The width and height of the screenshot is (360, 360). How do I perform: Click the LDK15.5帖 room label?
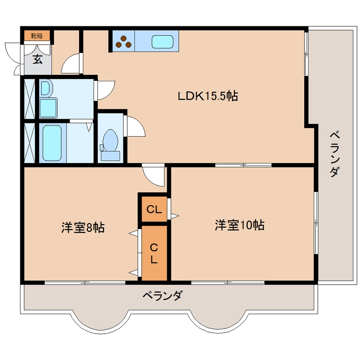207,96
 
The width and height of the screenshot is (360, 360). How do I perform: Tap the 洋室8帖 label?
83,227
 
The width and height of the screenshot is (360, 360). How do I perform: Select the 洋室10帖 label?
239,225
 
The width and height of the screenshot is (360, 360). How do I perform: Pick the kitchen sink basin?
163,42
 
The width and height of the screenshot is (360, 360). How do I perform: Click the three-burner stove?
124,41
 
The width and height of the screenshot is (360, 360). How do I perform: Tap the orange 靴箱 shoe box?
37,36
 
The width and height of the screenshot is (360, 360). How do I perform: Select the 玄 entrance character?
38,59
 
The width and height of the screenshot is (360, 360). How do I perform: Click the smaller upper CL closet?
154,209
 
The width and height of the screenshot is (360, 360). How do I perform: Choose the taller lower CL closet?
154,253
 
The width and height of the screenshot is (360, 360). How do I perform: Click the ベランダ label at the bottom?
162,295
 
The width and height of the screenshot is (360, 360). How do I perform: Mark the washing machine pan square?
49,108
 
